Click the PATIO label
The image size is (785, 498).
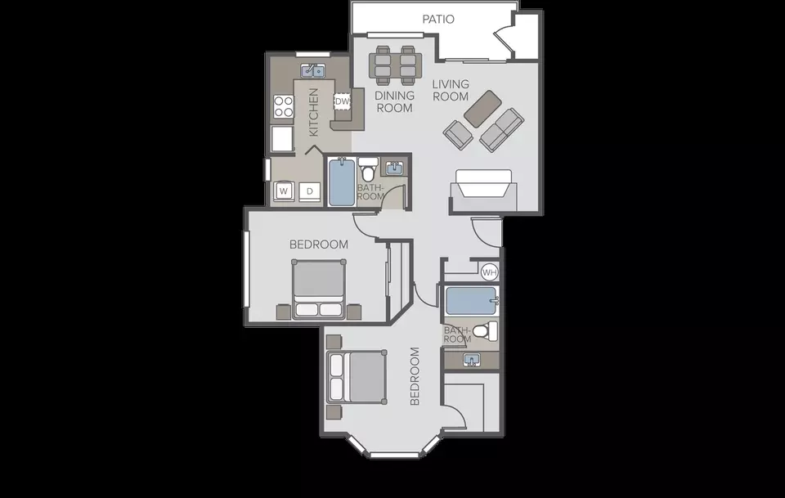(438, 19)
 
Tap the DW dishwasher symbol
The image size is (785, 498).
(342, 101)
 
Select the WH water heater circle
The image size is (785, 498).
(489, 272)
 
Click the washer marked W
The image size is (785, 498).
(284, 191)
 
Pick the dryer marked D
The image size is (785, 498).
(309, 191)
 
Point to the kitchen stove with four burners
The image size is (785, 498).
(283, 106)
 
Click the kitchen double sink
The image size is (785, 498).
(313, 71)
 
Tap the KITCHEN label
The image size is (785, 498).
(313, 112)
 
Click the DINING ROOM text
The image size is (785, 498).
(394, 101)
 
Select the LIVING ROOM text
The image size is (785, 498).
(451, 90)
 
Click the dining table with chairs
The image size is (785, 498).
(395, 65)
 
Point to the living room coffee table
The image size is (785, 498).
(482, 109)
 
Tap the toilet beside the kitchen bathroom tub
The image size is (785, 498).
(369, 169)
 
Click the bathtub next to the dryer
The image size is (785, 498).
(342, 182)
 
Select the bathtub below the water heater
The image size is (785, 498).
(472, 301)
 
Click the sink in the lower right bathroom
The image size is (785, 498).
(472, 360)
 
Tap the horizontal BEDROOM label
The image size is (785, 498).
(319, 245)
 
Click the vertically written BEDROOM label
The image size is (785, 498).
(415, 376)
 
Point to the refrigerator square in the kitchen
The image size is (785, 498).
(282, 139)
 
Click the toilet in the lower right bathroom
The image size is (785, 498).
(485, 331)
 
